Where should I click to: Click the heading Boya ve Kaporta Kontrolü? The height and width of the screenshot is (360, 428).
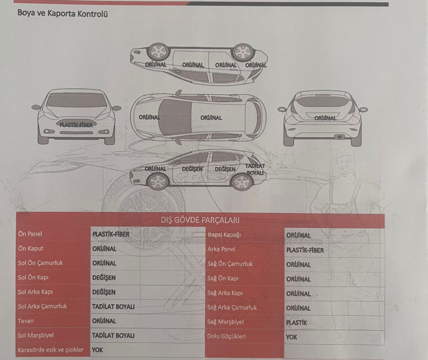62,13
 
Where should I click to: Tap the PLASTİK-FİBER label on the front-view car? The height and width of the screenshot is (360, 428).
76,125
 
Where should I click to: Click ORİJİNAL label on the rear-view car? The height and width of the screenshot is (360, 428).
325,118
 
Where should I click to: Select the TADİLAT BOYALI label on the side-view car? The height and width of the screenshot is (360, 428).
255,169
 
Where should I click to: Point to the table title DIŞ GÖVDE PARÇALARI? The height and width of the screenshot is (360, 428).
200,220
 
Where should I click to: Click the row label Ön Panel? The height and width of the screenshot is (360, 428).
30,234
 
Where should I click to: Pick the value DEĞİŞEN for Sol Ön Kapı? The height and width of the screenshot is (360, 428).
104,278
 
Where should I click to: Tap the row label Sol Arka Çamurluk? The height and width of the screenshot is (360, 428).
42,306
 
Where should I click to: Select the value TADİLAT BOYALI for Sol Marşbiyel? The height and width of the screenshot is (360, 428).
113,335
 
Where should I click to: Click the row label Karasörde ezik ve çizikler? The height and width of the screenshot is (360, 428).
50,350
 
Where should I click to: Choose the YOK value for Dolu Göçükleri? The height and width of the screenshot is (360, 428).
291,337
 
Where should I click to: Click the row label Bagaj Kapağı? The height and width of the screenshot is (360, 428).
224,234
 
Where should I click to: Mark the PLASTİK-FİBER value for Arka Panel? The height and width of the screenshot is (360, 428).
305,250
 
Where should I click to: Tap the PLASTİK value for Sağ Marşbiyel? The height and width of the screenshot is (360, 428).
296,323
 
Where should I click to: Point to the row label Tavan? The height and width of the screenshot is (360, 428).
26,321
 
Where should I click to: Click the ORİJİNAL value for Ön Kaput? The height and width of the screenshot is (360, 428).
104,248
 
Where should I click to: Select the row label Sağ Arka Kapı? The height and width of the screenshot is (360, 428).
225,293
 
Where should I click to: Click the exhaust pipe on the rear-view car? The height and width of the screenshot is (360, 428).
339,137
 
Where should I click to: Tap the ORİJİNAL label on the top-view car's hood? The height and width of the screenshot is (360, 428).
149,117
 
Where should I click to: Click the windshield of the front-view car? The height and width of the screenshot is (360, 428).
77,100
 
